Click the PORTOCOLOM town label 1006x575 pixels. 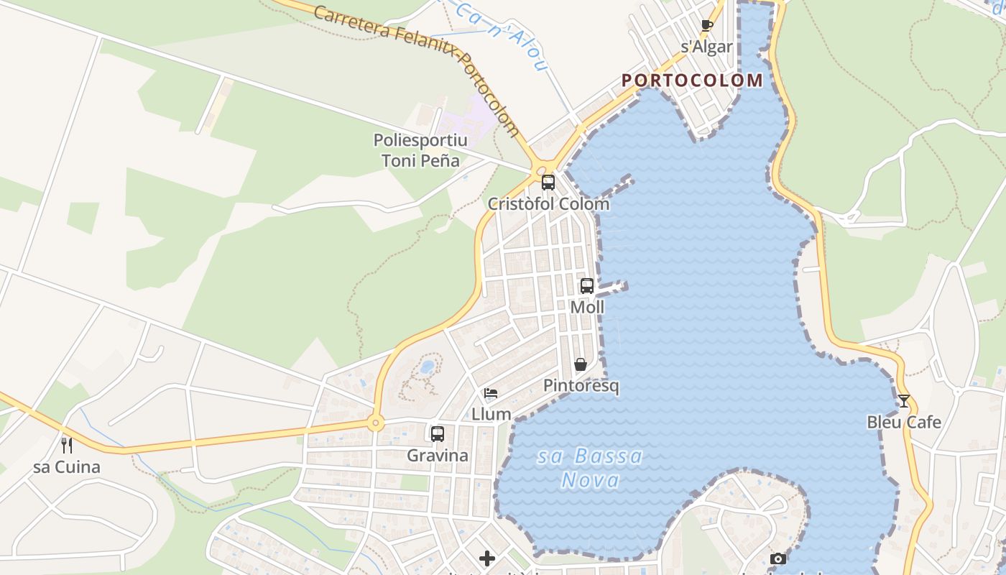692,80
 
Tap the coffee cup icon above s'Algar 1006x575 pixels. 707,26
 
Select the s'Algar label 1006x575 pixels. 707,47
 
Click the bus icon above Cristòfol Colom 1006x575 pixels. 548,182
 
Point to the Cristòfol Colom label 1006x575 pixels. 548,204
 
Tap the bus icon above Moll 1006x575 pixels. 587,285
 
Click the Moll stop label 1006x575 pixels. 587,308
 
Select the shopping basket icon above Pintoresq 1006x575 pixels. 581,364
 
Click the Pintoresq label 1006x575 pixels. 581,386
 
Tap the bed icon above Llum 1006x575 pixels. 491,393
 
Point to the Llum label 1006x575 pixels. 492,415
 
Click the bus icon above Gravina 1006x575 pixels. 438,433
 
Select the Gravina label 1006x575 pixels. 438,456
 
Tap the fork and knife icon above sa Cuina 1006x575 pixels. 67,446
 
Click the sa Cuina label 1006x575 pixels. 67,468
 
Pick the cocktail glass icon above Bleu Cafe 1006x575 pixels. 904,400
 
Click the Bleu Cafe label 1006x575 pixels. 904,423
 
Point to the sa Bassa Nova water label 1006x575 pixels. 590,468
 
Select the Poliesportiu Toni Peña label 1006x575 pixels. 420,150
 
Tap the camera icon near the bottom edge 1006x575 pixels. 777,558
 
